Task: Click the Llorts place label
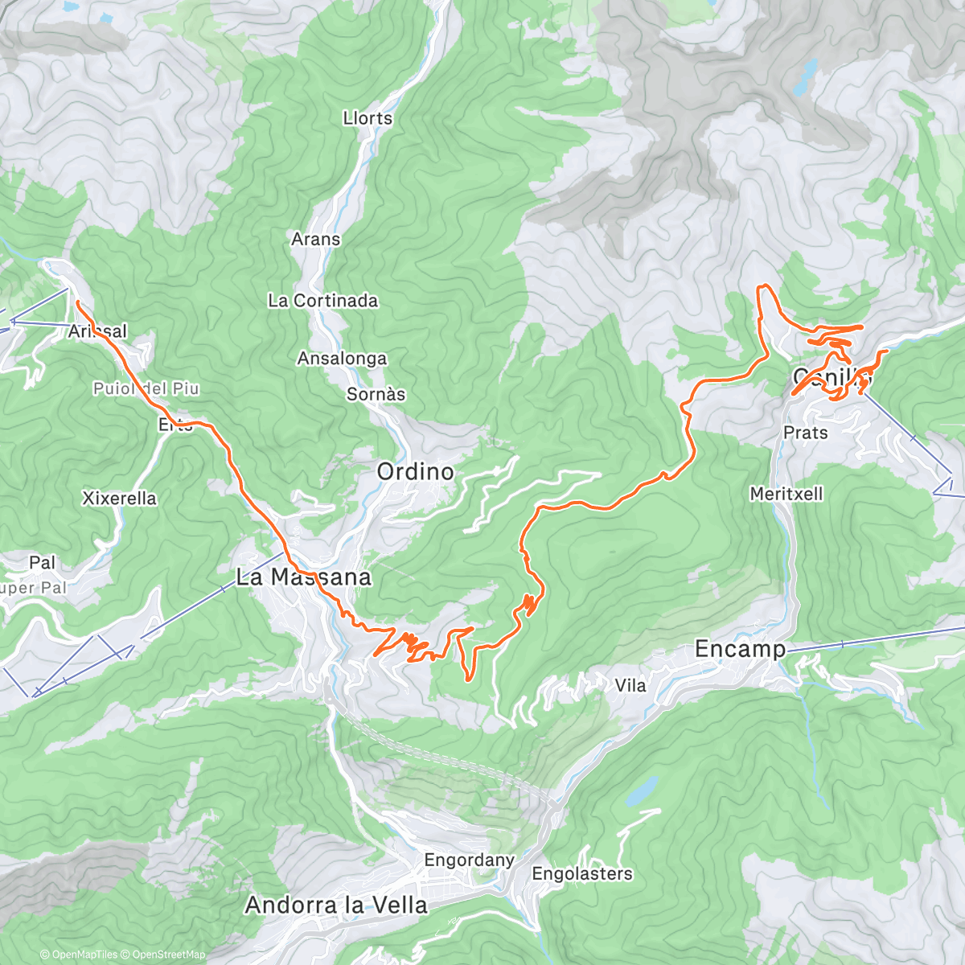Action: click(368, 118)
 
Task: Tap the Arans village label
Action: click(315, 240)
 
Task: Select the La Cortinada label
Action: click(322, 301)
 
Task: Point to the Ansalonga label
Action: click(342, 359)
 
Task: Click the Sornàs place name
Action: click(376, 395)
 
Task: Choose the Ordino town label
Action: click(415, 472)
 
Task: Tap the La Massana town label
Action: click(303, 577)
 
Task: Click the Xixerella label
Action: click(119, 499)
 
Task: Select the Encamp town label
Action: click(740, 649)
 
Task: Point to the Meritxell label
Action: click(786, 494)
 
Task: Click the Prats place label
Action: click(805, 433)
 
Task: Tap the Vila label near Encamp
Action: click(630, 686)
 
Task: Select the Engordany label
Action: click(469, 860)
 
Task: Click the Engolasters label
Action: click(582, 874)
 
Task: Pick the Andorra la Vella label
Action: click(336, 905)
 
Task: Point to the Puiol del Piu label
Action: click(146, 389)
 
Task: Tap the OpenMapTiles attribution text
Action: click(79, 955)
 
